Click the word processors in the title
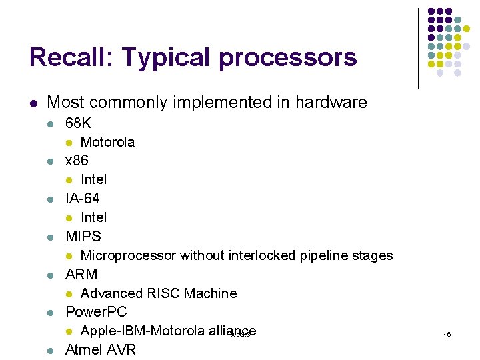point(288,59)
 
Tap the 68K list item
point(78,123)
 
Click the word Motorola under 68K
point(107,142)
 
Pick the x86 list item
point(77,161)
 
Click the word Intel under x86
point(93,179)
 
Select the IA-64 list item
point(83,199)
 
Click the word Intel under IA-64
point(93,217)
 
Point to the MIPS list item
point(83,237)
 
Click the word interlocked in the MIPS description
point(261,255)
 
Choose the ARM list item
point(81,274)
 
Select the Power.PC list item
point(96,312)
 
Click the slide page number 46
point(447,334)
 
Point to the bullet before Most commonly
point(33,103)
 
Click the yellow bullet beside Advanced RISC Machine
point(69,294)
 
